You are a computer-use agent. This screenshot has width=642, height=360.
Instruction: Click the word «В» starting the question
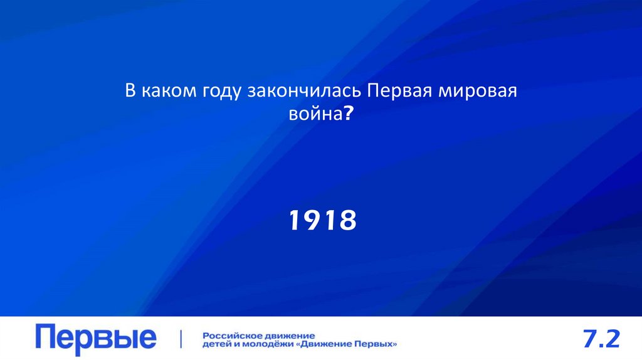pyautogui.click(x=129, y=92)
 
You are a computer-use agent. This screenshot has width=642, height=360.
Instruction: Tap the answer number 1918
pyautogui.click(x=322, y=220)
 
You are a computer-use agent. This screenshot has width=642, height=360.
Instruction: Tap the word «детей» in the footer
pyautogui.click(x=215, y=344)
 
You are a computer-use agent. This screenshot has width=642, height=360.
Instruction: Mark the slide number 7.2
pyautogui.click(x=601, y=339)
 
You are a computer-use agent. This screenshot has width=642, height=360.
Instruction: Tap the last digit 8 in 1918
pyautogui.click(x=347, y=220)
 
